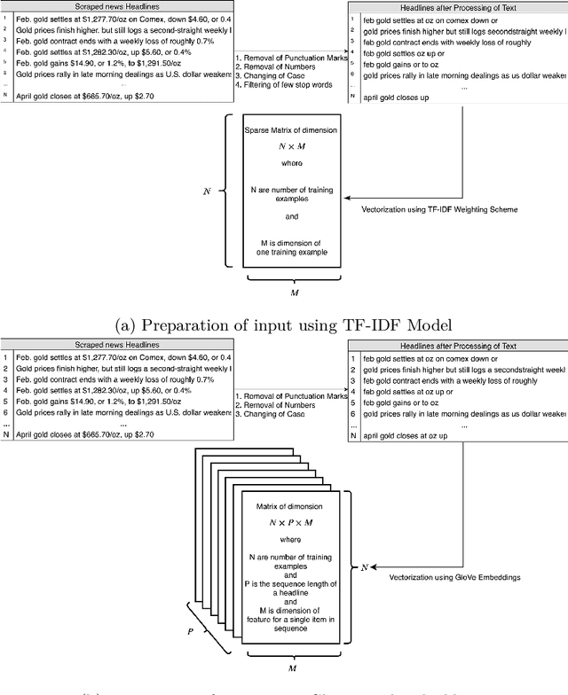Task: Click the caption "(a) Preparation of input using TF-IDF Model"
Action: coord(284,324)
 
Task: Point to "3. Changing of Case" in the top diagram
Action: coord(274,76)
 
